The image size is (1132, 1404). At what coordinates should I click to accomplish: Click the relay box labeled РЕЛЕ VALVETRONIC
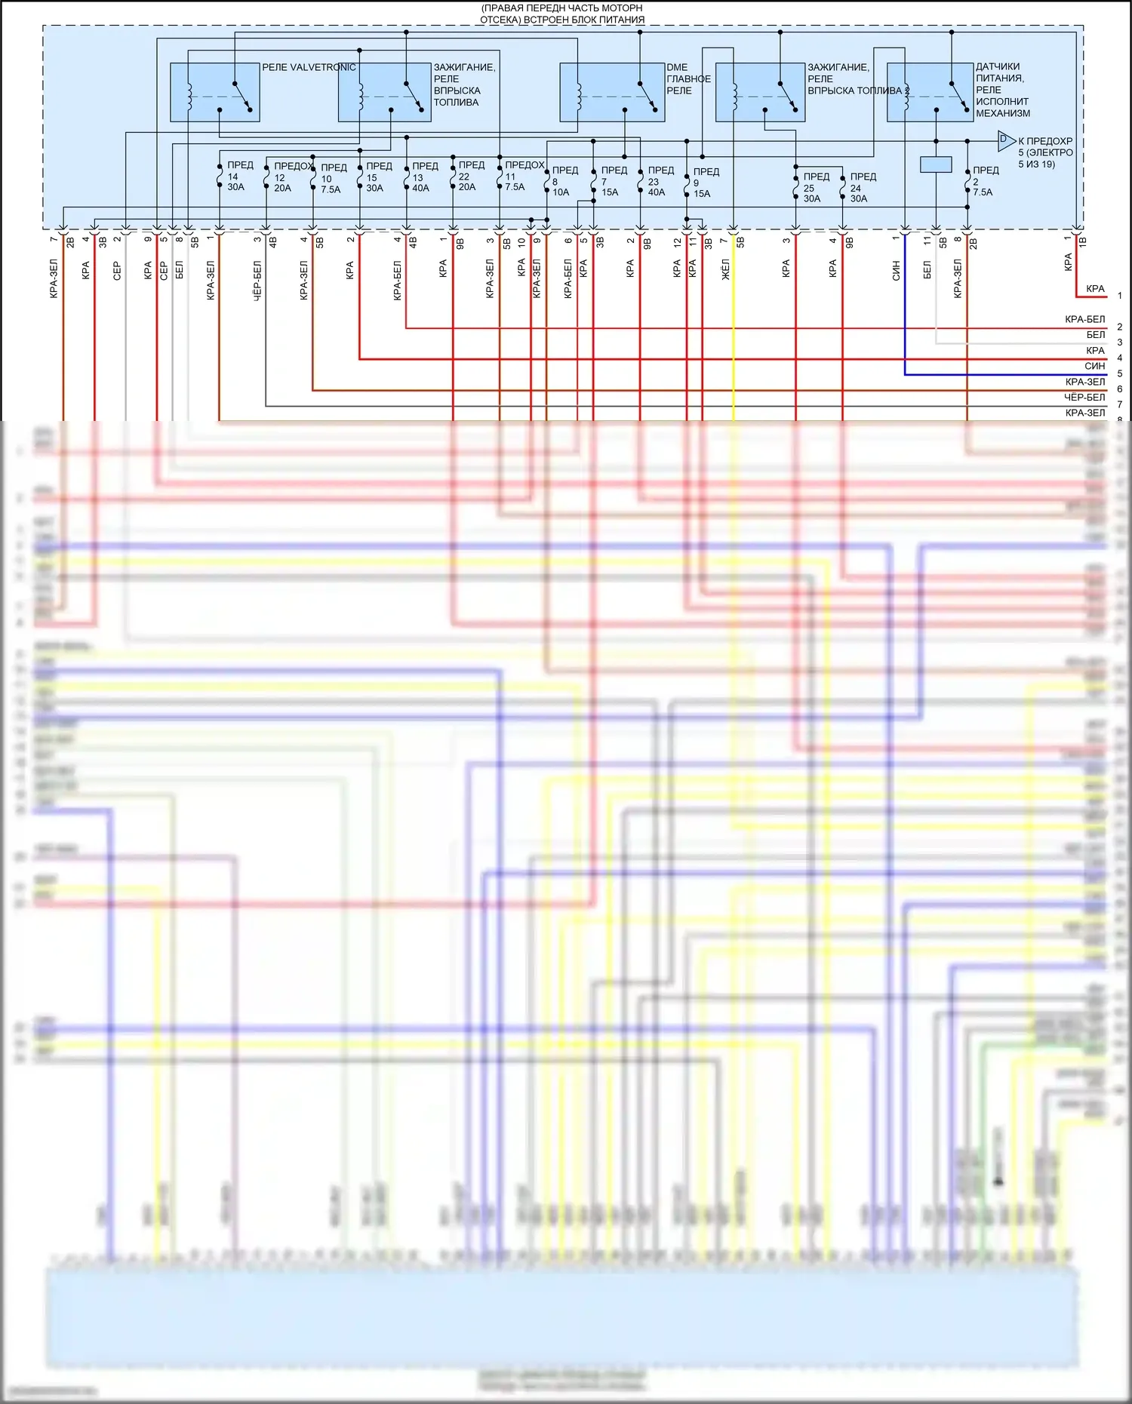[x=215, y=92]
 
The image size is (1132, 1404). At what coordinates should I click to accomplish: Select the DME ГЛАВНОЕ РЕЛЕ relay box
[x=612, y=92]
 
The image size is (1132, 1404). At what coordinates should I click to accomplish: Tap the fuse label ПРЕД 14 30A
[x=239, y=176]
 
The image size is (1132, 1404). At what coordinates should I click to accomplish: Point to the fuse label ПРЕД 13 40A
[x=424, y=177]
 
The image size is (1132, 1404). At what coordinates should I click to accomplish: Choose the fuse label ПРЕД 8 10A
[x=564, y=181]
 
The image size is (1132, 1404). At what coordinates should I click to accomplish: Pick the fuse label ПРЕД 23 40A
[x=660, y=181]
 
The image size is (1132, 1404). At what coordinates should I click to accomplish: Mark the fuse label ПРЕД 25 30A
[x=815, y=187]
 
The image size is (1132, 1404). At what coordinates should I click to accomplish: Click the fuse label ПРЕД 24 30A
[x=862, y=187]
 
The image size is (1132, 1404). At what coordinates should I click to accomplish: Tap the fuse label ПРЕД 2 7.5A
[x=984, y=181]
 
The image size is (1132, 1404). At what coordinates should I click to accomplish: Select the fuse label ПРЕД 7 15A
[x=613, y=181]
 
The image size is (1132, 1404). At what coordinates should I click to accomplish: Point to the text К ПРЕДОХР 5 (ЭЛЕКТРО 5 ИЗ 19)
[x=1045, y=152]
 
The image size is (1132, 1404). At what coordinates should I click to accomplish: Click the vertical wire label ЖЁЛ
[x=725, y=269]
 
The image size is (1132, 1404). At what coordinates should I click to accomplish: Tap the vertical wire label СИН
[x=896, y=271]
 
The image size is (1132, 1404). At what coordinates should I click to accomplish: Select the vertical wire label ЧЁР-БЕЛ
[x=257, y=281]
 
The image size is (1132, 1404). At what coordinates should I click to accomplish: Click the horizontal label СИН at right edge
[x=1094, y=366]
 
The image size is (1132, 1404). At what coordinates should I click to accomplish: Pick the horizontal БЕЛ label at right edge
[x=1095, y=334]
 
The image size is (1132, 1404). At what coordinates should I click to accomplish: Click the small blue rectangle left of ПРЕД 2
[x=936, y=164]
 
